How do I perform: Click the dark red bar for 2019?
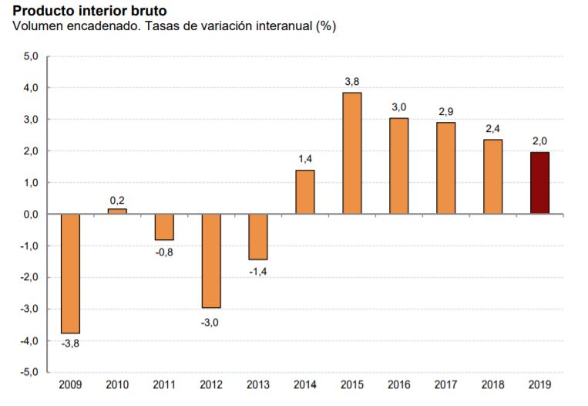[539, 183]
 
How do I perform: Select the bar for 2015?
[352, 153]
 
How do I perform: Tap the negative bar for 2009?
[70, 273]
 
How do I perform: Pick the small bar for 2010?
[117, 211]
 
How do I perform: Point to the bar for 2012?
[211, 261]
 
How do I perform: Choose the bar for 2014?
[305, 191]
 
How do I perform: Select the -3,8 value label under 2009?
[69, 343]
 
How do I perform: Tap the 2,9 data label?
[446, 112]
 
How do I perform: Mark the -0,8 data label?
[164, 251]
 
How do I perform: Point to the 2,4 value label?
[492, 127]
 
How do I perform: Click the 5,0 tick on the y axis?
[31, 56]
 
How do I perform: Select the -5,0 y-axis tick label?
[29, 372]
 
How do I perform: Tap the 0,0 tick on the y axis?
[31, 215]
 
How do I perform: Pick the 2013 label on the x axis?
[258, 384]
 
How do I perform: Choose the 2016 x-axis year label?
[399, 384]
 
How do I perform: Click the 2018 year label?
[492, 384]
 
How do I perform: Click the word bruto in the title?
[146, 12]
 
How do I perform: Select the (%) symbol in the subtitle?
[326, 26]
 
